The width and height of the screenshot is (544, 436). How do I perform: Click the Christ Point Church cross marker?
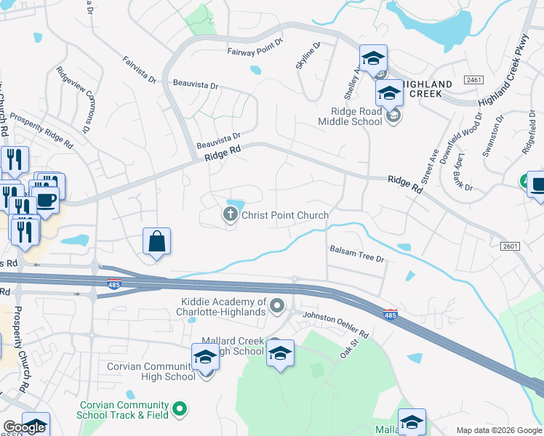(230, 214)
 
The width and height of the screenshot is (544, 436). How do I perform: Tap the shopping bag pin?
(158, 241)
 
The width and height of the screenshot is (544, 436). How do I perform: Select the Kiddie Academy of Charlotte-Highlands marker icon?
(277, 307)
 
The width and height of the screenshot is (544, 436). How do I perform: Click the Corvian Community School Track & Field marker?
(181, 410)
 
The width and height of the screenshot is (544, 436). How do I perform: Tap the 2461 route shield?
(473, 79)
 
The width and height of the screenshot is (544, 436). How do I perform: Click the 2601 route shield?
(511, 246)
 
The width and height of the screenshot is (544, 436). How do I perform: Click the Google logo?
(24, 427)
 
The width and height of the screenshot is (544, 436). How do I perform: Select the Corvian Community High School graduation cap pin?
(205, 358)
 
